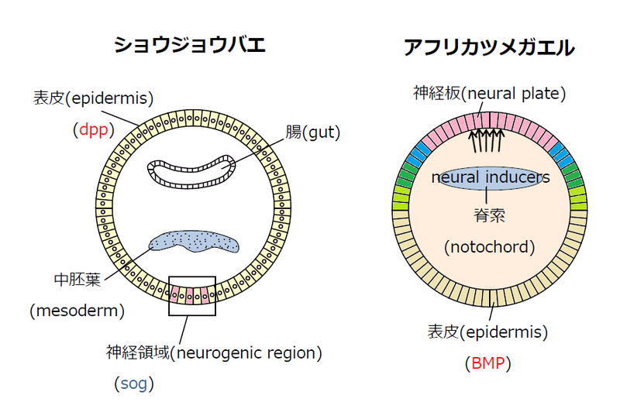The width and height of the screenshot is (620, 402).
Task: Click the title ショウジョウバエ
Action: coord(190,44)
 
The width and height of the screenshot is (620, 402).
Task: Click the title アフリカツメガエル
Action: coord(489,47)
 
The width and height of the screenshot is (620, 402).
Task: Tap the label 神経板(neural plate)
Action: coord(490,94)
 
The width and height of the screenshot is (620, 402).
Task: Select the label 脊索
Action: coord(489,214)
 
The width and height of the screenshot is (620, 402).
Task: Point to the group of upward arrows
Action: coord(487,141)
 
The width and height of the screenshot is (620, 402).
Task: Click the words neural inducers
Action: coord(491,178)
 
